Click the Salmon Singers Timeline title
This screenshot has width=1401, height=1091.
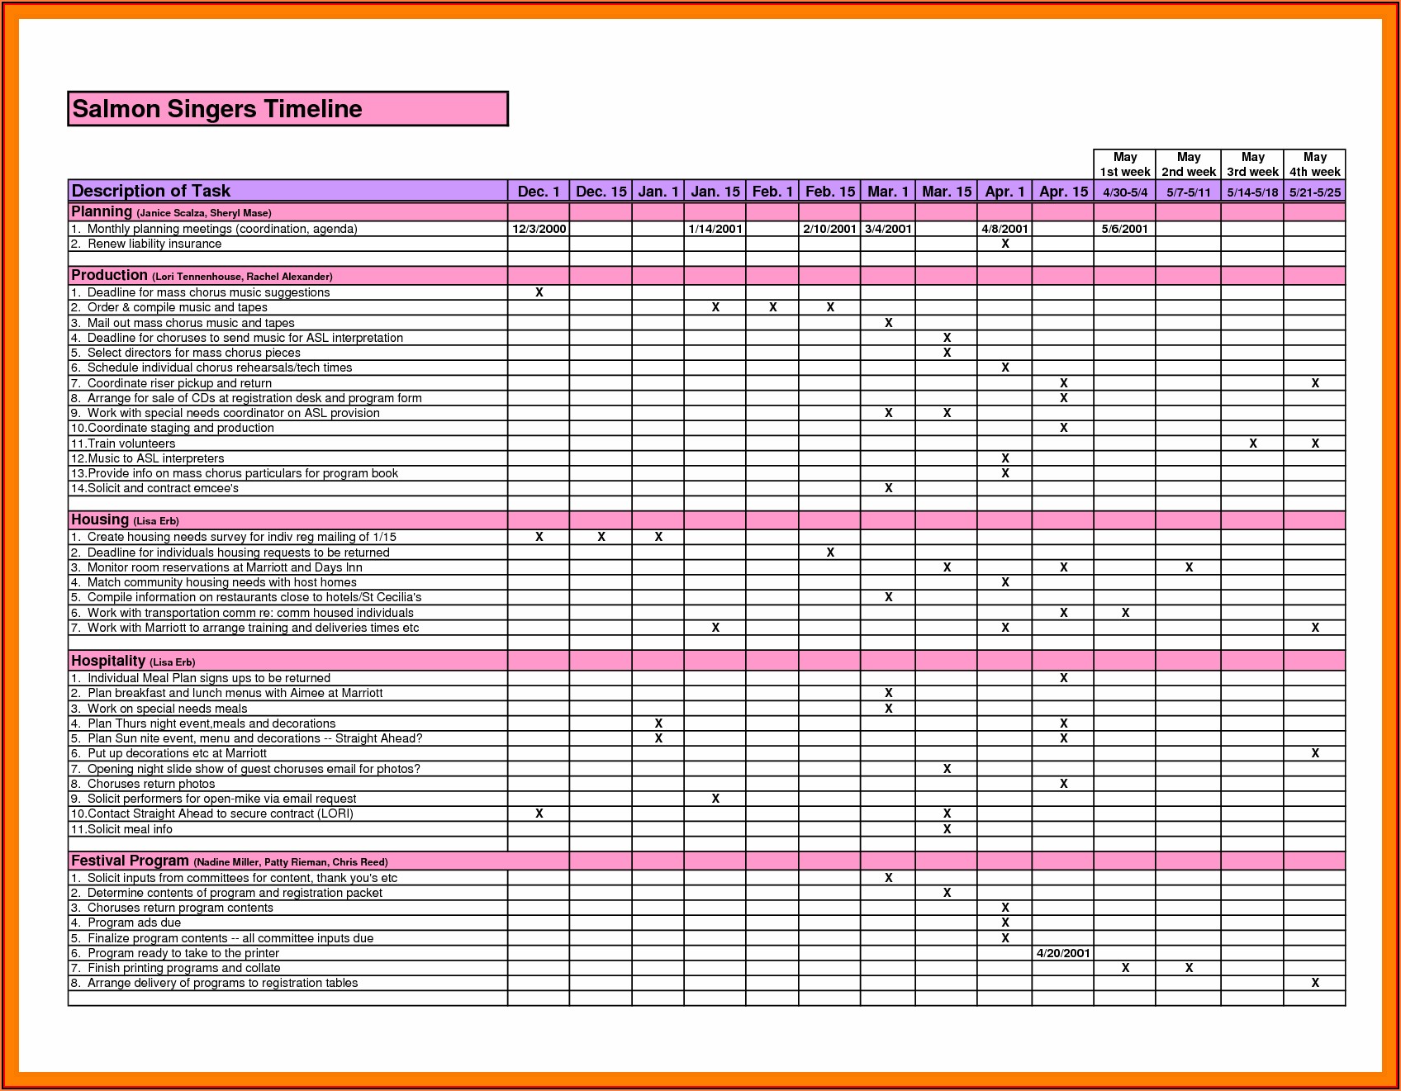[x=217, y=109]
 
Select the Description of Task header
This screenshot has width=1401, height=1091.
[x=151, y=191]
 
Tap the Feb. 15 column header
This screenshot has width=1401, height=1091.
[x=829, y=192]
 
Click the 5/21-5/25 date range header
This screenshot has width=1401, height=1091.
[x=1314, y=192]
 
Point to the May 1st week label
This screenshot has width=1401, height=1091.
[x=1124, y=164]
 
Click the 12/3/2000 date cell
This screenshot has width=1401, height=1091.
[x=539, y=229]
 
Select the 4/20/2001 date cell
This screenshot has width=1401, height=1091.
[x=1063, y=953]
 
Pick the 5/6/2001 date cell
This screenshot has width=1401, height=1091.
[x=1124, y=229]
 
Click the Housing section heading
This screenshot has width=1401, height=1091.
[x=100, y=519]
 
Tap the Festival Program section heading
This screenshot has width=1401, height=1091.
[x=130, y=861]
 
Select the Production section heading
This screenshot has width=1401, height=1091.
[x=109, y=275]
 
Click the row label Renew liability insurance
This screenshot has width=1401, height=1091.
[x=154, y=244]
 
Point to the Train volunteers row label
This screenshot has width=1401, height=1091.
[x=131, y=444]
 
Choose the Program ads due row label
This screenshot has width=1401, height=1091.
[x=134, y=923]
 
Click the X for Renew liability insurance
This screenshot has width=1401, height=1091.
[x=1004, y=244]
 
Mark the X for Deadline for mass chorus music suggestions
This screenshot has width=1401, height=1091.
[x=539, y=292]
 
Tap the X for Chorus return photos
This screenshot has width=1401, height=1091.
[x=1063, y=784]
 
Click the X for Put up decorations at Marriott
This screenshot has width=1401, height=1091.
[x=1314, y=753]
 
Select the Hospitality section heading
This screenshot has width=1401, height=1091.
[x=108, y=661]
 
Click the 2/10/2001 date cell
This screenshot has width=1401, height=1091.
[x=829, y=229]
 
